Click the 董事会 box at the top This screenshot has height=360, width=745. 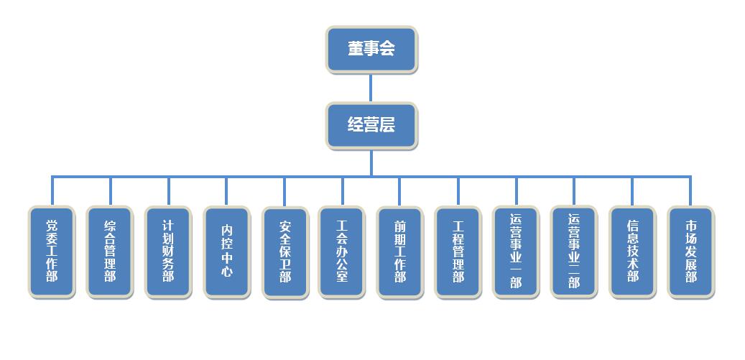(x=371, y=49)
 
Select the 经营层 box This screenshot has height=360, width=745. (x=371, y=125)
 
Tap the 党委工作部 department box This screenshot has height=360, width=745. (x=52, y=251)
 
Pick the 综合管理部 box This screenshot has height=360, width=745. (x=110, y=251)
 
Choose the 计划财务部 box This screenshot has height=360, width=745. (x=168, y=251)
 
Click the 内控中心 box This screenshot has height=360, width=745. (x=226, y=251)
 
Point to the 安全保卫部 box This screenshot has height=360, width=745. (x=284, y=252)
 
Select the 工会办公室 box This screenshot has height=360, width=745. (x=342, y=251)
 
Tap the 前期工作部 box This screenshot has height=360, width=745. (x=400, y=251)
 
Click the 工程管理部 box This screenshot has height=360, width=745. (x=458, y=251)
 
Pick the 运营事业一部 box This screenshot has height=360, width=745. (x=516, y=251)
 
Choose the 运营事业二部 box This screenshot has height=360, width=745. (x=574, y=251)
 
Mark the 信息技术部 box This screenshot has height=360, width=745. (x=632, y=251)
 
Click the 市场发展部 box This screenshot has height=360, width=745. (x=690, y=251)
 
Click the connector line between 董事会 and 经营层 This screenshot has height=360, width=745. (x=371, y=87)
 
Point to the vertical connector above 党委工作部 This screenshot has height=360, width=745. (x=52, y=191)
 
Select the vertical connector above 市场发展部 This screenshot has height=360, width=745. (x=690, y=191)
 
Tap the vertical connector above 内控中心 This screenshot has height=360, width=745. (x=226, y=191)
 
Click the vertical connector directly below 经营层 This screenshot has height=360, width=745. (x=371, y=162)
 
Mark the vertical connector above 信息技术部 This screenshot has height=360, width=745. (x=632, y=191)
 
